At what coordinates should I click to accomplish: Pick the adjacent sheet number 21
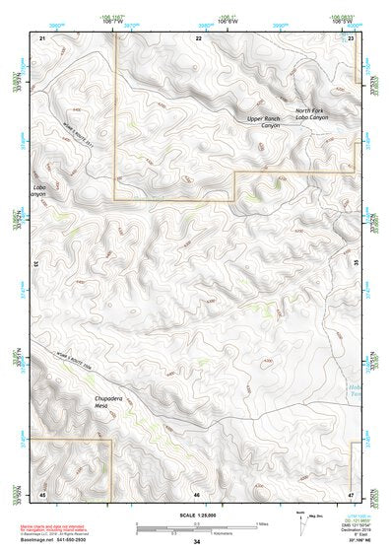42,36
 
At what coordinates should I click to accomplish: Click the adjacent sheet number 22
198,36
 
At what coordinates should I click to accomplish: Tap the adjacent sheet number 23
352,36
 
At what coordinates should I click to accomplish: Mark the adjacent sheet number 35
357,264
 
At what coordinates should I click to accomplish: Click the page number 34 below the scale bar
197,543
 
